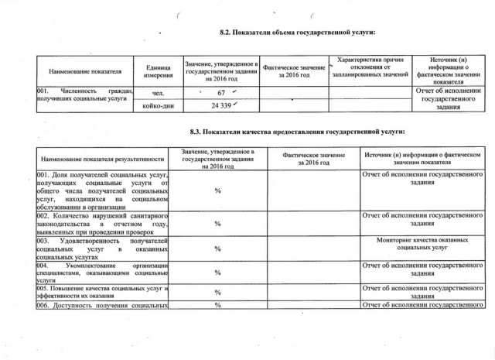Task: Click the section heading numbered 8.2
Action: pos(297,32)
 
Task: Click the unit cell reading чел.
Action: pos(159,94)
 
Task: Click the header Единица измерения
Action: pos(159,70)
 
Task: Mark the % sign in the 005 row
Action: pos(218,293)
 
